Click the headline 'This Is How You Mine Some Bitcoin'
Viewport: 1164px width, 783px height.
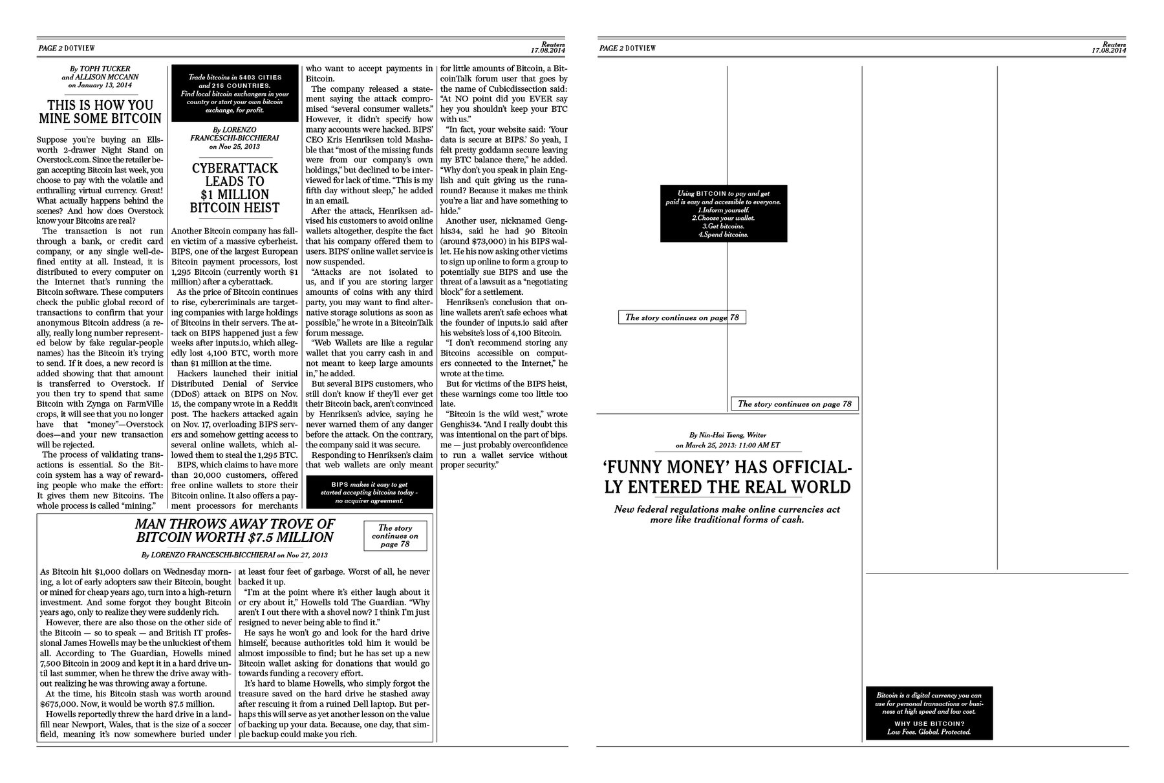point(100,111)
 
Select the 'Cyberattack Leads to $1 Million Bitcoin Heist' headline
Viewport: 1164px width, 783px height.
point(235,188)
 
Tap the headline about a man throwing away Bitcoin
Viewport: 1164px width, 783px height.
point(235,530)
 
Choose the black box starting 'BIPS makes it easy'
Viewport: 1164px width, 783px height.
point(369,492)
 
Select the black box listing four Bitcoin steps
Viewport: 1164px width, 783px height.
point(724,214)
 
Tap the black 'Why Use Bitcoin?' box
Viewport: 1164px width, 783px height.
point(929,713)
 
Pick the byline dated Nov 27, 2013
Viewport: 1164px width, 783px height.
point(235,555)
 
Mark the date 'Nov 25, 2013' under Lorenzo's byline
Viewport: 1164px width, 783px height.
point(235,147)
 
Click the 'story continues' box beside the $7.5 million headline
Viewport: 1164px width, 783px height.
point(395,536)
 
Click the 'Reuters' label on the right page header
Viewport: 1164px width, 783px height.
point(1114,43)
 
